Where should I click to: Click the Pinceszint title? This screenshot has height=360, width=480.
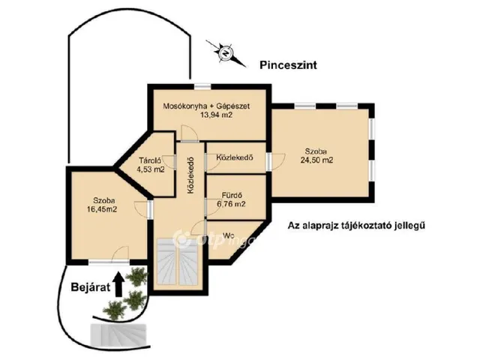coord(288,65)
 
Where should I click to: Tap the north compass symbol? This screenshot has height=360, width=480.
coord(226,53)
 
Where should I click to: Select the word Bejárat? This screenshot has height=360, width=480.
coord(90,287)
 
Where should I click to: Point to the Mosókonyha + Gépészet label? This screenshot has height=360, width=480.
coord(206,106)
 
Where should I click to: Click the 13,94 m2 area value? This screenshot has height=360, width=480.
coord(216,115)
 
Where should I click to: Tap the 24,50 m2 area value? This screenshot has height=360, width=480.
coord(316,160)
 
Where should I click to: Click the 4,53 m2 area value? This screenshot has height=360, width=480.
coord(150,169)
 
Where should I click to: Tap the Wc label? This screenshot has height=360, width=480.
coord(229,235)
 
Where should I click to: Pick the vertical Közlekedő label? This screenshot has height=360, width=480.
coord(190,175)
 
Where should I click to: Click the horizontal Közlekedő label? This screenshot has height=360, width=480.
coord(235,157)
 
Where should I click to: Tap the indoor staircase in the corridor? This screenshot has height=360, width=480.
coord(178,262)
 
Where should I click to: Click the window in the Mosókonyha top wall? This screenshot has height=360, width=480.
coord(202,87)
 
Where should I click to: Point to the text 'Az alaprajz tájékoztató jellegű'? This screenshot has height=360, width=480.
coord(356,226)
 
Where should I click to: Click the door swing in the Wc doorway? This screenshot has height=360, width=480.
coord(198,227)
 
